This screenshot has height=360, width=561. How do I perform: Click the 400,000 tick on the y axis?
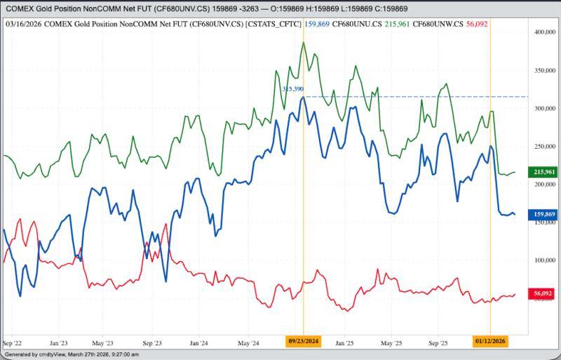pyautogui.click(x=544, y=32)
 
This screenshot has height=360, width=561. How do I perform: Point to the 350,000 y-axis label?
pyautogui.click(x=544, y=71)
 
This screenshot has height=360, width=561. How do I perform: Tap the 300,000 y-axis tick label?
pyautogui.click(x=544, y=109)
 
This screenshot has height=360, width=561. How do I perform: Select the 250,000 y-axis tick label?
pyautogui.click(x=544, y=147)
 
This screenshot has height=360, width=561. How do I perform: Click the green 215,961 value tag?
pyautogui.click(x=544, y=172)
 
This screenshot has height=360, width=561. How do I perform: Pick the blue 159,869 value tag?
pyautogui.click(x=544, y=214)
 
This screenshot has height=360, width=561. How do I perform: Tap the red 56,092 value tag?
pyautogui.click(x=544, y=293)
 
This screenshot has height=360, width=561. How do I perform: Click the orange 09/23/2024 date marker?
pyautogui.click(x=304, y=341)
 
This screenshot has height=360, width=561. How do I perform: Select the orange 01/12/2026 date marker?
pyautogui.click(x=489, y=341)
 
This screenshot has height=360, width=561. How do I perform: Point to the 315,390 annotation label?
pyautogui.click(x=292, y=89)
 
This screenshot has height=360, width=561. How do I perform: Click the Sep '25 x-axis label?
pyautogui.click(x=438, y=343)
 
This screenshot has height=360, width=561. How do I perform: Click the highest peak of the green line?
pyautogui.click(x=303, y=42)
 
